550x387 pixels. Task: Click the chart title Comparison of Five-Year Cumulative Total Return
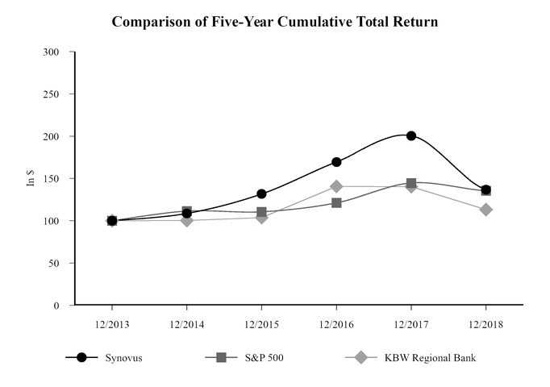tap(275, 22)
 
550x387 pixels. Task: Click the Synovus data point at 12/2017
tap(411, 135)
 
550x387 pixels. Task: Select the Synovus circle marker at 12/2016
tap(336, 162)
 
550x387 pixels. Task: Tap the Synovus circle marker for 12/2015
tap(261, 193)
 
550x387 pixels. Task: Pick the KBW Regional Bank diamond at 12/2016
tap(336, 186)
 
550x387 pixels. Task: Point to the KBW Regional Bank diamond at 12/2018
tap(486, 210)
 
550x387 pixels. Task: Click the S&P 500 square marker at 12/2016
tap(336, 202)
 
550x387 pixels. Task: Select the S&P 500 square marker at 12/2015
tap(261, 213)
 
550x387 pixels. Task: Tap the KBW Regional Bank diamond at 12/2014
tap(187, 220)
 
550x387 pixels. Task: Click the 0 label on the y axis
tap(57, 306)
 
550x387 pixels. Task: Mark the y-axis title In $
tap(31, 178)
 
